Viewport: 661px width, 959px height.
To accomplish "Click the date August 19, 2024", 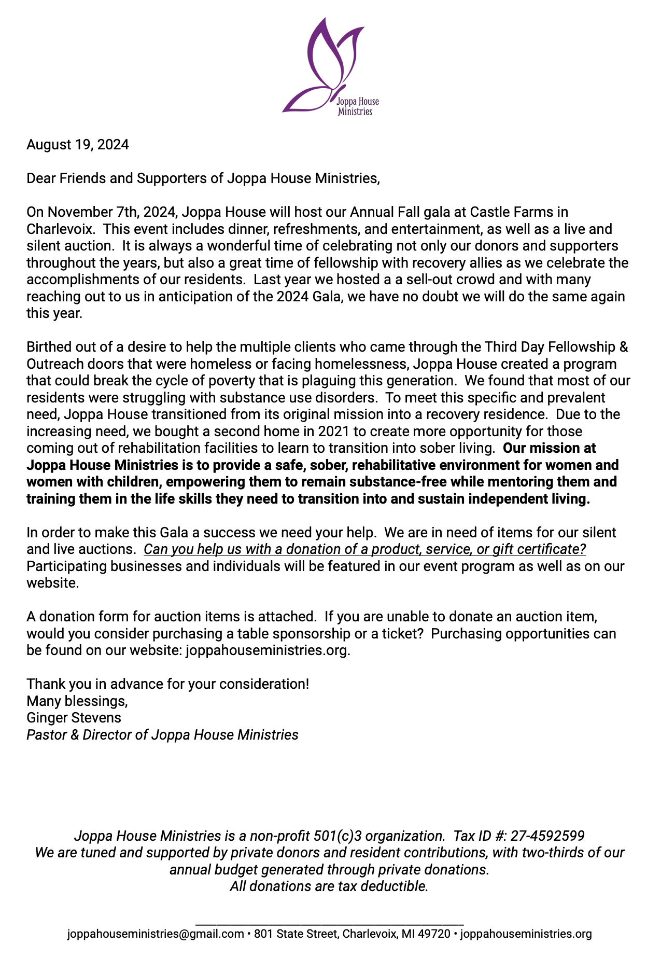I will (78, 145).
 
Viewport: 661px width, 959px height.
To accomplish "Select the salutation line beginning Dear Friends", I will (203, 178).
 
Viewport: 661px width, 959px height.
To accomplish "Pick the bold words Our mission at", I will (550, 448).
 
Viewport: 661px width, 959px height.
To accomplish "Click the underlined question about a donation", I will (364, 549).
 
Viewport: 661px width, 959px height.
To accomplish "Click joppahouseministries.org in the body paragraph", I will (268, 650).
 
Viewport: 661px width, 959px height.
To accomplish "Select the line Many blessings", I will (77, 701).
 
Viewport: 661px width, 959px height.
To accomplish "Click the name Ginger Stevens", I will (74, 718).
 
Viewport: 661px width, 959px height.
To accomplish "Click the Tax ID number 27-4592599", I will (547, 836).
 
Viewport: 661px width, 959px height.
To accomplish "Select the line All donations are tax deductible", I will (329, 886).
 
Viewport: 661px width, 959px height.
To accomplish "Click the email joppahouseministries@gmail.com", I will (156, 934).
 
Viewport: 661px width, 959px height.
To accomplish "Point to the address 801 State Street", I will (295, 934).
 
